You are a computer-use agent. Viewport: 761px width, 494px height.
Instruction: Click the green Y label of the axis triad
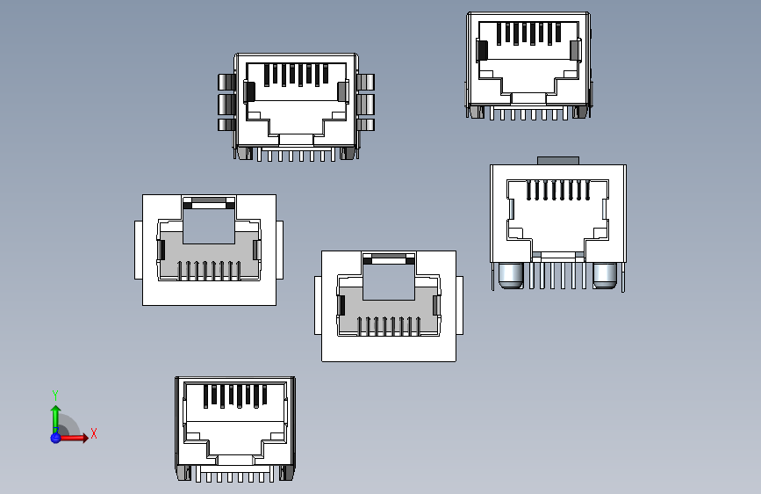(x=55, y=395)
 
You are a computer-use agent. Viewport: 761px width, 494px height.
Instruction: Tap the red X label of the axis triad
(x=93, y=433)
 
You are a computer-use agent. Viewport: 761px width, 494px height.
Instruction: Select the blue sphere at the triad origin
(x=55, y=437)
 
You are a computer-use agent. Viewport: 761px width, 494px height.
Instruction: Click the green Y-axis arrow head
(x=55, y=409)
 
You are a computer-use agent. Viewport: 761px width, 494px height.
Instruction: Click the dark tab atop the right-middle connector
(x=558, y=160)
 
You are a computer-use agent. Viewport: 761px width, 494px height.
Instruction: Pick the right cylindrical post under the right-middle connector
(x=605, y=276)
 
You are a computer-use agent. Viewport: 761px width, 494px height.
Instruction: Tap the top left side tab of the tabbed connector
(x=226, y=83)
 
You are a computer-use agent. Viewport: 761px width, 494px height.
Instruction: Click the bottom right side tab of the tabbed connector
(x=367, y=125)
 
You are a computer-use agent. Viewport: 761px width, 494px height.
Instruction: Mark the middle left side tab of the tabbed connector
(x=226, y=105)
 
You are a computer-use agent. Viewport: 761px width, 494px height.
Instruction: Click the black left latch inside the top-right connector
(x=481, y=51)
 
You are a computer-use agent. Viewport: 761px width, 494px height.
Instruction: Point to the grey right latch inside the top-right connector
(x=576, y=51)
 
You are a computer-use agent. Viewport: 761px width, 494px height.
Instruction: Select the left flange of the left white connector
(x=138, y=251)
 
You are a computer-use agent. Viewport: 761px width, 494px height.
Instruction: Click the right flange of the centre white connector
(x=460, y=306)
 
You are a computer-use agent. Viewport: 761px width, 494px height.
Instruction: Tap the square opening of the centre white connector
(x=389, y=285)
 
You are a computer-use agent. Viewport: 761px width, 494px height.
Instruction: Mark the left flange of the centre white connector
(x=318, y=306)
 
